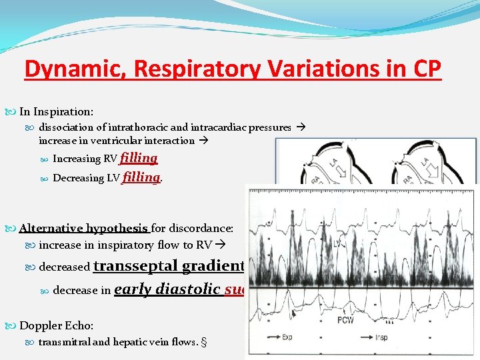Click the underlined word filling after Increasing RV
pyautogui.click(x=139, y=158)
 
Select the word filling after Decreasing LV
pyautogui.click(x=141, y=177)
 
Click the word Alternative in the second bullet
pyautogui.click(x=51, y=228)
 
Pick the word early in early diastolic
pyautogui.click(x=133, y=289)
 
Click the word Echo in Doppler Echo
pyautogui.click(x=81, y=325)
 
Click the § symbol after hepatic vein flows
pyautogui.click(x=203, y=342)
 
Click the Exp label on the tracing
pyautogui.click(x=287, y=337)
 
